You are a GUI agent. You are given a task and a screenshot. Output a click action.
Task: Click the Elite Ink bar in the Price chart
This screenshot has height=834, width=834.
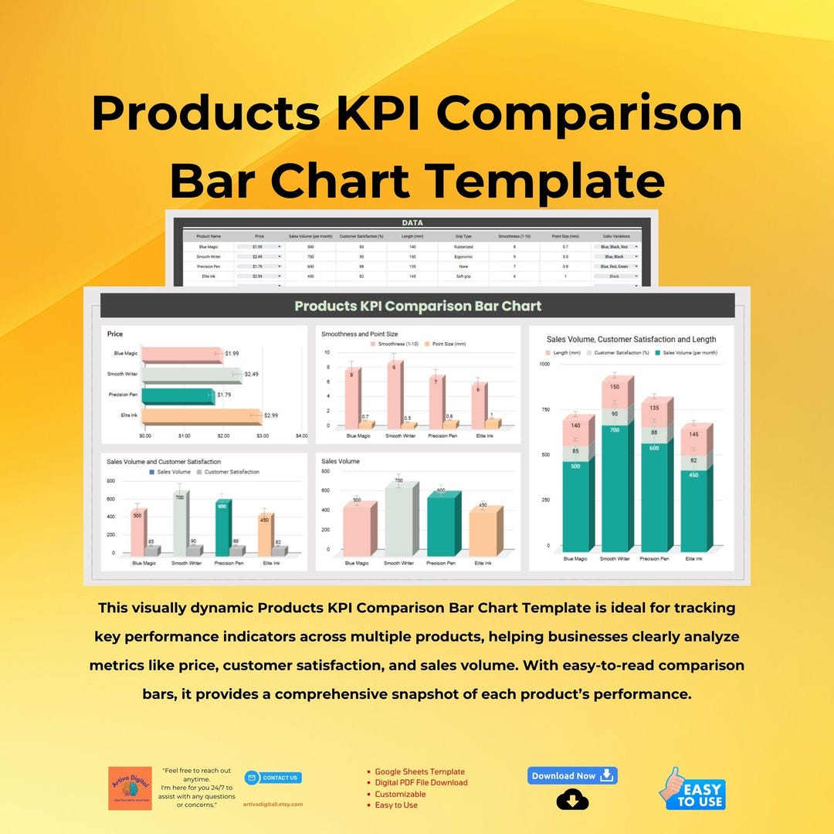click(199, 416)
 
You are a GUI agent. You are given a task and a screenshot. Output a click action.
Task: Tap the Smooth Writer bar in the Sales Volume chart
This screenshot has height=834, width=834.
click(400, 519)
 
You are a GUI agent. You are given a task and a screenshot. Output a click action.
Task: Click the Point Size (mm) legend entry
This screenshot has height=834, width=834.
click(449, 343)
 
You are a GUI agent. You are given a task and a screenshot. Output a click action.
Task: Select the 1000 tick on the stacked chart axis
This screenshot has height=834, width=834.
click(544, 364)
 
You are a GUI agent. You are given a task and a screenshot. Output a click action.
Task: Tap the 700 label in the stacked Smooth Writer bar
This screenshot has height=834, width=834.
click(615, 429)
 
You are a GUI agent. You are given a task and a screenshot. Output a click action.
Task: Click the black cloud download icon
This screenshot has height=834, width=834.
click(572, 800)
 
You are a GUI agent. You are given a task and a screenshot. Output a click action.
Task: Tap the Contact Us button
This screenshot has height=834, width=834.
click(273, 778)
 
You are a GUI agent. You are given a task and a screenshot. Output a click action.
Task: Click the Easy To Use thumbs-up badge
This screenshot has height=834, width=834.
click(692, 788)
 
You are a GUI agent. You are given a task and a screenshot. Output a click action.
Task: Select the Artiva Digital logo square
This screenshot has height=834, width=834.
click(130, 788)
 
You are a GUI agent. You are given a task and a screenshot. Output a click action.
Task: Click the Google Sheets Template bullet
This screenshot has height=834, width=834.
click(419, 771)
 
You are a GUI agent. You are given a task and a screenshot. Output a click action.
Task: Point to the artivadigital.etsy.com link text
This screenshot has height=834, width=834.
click(273, 804)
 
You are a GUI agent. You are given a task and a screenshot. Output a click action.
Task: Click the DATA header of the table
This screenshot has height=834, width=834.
click(412, 222)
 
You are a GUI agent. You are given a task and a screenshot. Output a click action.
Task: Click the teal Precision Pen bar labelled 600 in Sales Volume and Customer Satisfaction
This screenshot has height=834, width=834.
click(222, 528)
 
